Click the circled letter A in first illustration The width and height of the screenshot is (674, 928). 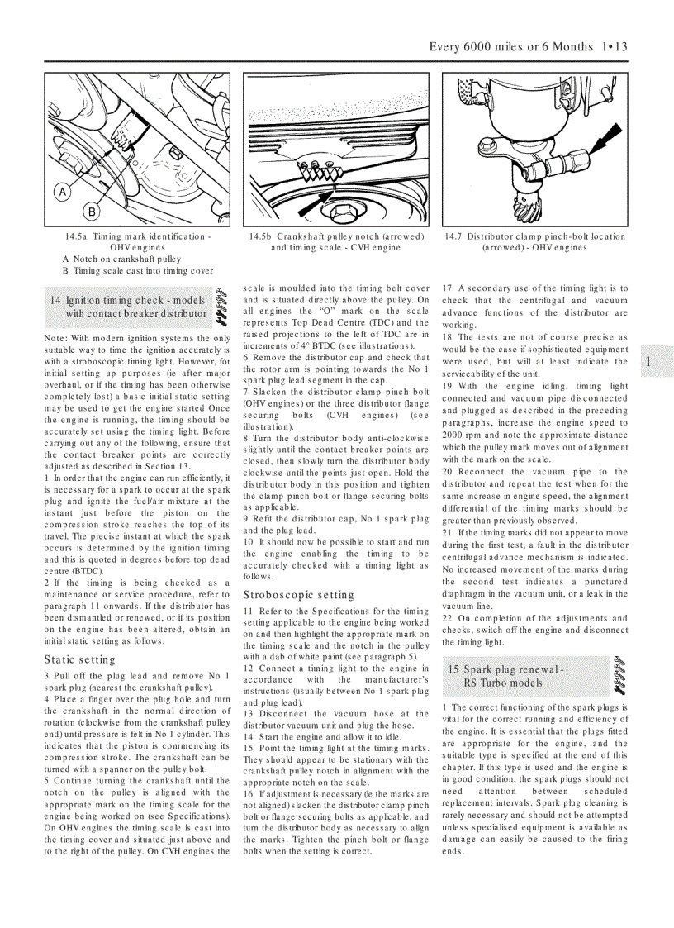click(x=61, y=193)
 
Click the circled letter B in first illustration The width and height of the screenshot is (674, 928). click(x=93, y=212)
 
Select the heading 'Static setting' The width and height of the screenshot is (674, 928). click(x=80, y=659)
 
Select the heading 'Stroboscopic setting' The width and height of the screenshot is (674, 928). click(x=298, y=594)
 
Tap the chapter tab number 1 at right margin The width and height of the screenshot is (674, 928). click(x=648, y=362)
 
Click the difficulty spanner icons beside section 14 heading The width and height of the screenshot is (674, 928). click(x=221, y=306)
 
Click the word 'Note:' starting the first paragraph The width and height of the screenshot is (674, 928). click(x=56, y=338)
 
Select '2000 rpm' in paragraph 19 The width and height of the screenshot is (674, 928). click(x=460, y=435)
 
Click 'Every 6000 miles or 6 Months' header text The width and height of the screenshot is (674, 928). click(x=510, y=46)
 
